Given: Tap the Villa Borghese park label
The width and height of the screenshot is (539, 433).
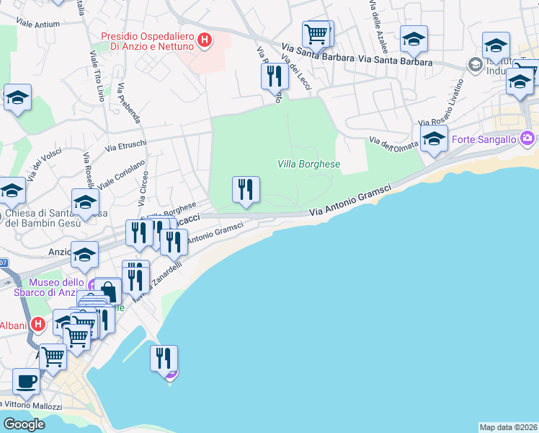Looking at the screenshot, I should click(308, 164).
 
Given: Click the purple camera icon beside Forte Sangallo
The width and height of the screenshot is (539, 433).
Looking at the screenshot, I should click(528, 137).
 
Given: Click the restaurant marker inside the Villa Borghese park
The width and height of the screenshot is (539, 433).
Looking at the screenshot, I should click(246, 190).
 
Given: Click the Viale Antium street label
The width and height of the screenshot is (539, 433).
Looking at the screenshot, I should click(37, 24).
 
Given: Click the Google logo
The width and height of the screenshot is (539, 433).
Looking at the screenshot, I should click(24, 424).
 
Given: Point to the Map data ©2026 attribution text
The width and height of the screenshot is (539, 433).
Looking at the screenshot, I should click(508, 427).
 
